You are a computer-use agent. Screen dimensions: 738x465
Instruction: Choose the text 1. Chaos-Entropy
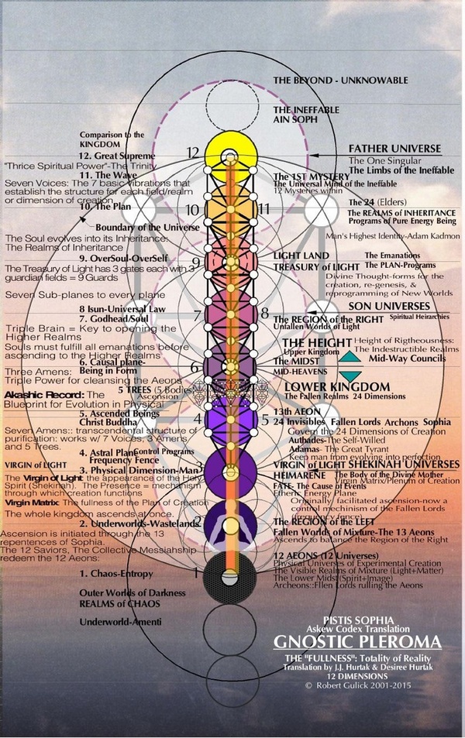coord(114,574)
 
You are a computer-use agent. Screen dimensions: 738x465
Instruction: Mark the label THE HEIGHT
coord(310,342)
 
